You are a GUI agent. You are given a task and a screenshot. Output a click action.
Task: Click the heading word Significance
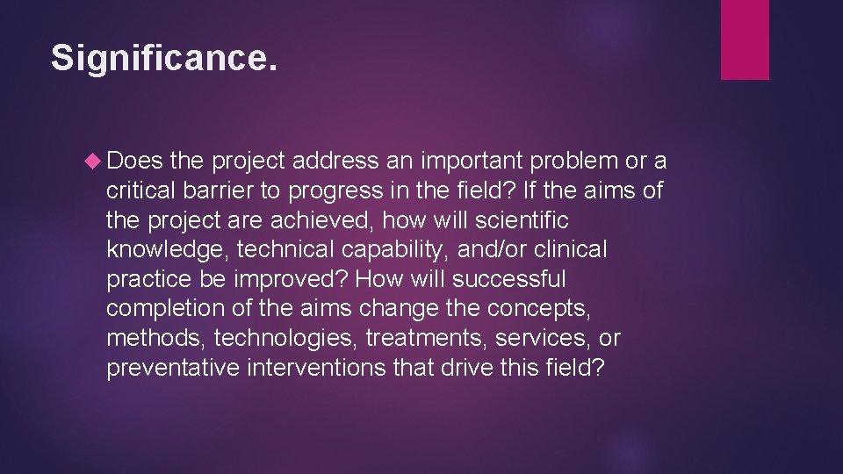click(x=163, y=58)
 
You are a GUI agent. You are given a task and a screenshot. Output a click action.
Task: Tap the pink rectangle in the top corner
click(x=745, y=39)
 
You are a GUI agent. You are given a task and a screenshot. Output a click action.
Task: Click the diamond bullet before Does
click(x=94, y=161)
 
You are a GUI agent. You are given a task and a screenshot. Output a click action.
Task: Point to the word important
click(x=468, y=161)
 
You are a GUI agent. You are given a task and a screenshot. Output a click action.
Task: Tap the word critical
click(x=141, y=190)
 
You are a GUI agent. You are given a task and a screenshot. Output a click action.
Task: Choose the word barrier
click(x=223, y=190)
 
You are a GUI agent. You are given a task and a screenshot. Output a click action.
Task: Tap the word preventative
click(x=172, y=369)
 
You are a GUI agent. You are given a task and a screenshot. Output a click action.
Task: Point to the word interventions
click(x=315, y=369)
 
